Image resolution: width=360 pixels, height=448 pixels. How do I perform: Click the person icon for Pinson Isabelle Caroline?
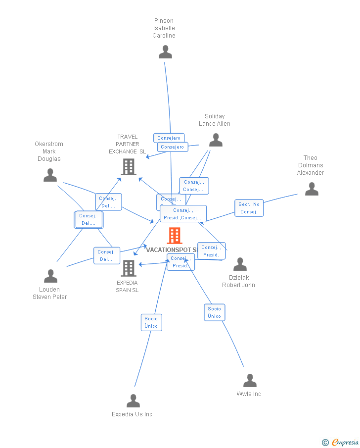pos(165,52)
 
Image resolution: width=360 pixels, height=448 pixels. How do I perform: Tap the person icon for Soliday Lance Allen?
pos(216,141)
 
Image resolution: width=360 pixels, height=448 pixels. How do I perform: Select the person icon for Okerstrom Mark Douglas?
pos(50,175)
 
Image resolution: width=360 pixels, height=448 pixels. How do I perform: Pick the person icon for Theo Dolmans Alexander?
pos(312,189)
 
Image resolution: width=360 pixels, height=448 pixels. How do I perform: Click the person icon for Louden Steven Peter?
pos(50,276)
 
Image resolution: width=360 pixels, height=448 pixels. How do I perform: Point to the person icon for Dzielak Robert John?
pos(240,264)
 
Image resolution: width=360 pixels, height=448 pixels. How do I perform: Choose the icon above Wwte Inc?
pos(250,381)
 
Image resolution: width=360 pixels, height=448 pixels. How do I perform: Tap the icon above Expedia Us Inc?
pos(133,401)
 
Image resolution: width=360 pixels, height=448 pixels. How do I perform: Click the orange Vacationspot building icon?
pos(175,236)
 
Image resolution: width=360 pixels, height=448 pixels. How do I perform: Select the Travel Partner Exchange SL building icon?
pos(129,167)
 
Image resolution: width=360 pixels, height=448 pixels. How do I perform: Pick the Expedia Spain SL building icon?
pos(129,268)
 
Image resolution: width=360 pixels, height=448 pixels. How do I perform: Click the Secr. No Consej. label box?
pos(249,208)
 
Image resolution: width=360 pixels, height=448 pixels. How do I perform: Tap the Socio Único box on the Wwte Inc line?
pos(215,312)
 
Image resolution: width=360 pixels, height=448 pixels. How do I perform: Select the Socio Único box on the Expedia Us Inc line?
pos(151,322)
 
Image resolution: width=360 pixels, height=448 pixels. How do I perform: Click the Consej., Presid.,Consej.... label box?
pos(183,214)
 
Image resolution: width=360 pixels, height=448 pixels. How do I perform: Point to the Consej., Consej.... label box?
pos(194,186)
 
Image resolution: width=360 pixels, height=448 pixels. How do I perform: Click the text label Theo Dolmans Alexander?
pos(311,165)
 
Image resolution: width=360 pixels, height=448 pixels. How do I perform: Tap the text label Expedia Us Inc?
pos(132,414)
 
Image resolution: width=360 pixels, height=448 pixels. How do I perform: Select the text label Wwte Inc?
pos(249,394)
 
